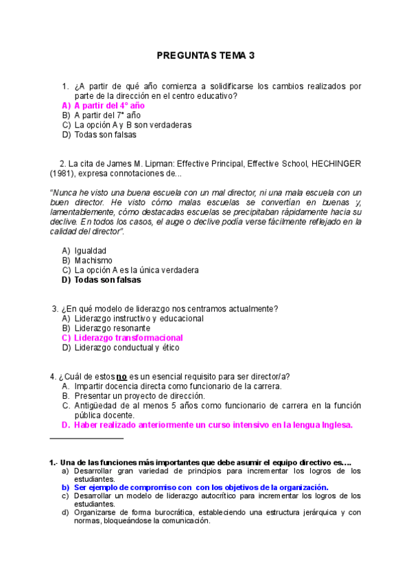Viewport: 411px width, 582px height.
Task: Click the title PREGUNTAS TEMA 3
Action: (x=205, y=56)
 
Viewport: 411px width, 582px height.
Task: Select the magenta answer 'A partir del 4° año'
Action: (x=109, y=106)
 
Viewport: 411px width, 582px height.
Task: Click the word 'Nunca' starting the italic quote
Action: (x=64, y=193)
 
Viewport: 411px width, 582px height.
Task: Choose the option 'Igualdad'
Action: (x=91, y=251)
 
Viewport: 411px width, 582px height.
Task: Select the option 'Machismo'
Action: (x=93, y=261)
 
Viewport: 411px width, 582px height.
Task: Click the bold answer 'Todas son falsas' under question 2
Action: (x=107, y=280)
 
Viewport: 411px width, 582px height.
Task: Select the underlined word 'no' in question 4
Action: (x=121, y=376)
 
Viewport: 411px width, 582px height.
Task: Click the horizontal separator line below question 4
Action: (x=87, y=438)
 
